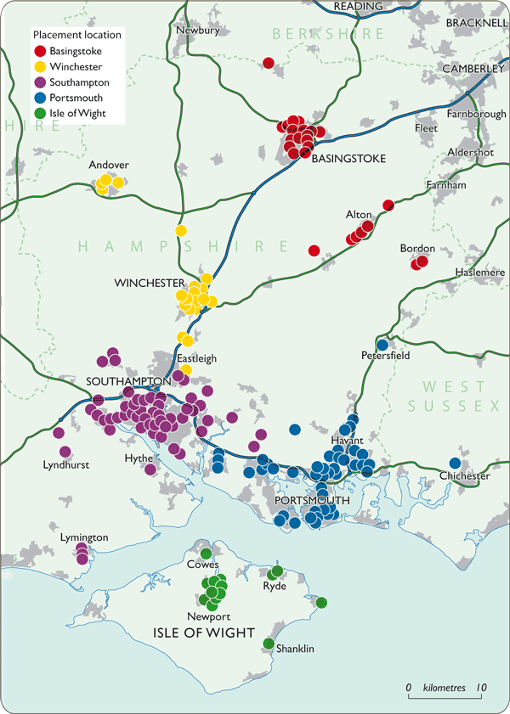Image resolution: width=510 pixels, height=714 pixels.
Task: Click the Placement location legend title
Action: coord(76,35)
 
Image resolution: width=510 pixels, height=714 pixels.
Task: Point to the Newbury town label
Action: coord(198,31)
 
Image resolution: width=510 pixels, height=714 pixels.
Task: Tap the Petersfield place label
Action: coord(385,356)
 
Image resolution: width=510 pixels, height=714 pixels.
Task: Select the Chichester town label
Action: coord(465,476)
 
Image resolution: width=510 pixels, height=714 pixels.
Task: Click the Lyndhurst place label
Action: coord(66,465)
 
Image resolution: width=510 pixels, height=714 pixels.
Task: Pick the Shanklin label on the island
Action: coord(296,649)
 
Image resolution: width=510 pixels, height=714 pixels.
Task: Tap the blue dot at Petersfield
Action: coord(382,345)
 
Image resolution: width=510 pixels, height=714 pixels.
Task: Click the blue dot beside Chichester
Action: coord(455,463)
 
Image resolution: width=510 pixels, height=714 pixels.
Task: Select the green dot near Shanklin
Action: coord(269,644)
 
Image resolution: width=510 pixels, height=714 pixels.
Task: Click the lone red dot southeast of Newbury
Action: coord(269,63)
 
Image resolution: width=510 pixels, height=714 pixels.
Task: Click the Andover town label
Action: coord(109,165)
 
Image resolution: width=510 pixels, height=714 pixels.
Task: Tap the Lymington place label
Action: coord(84,538)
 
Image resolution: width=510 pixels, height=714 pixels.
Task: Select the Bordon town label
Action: coord(417,249)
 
